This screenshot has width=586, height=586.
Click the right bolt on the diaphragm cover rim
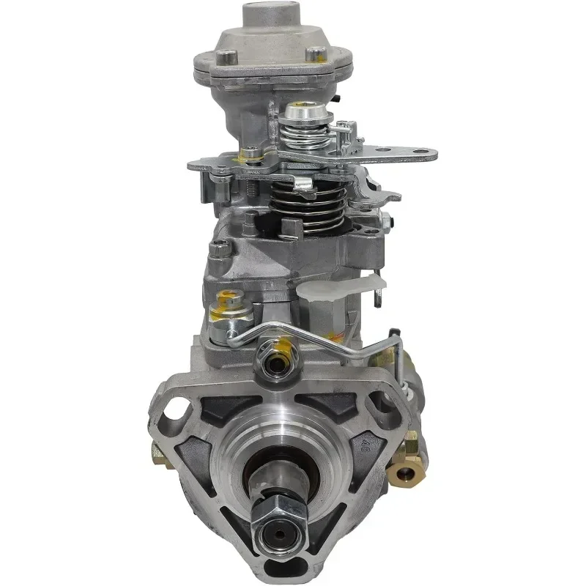[x=315, y=53]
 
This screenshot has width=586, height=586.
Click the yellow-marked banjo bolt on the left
[x=227, y=316]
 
